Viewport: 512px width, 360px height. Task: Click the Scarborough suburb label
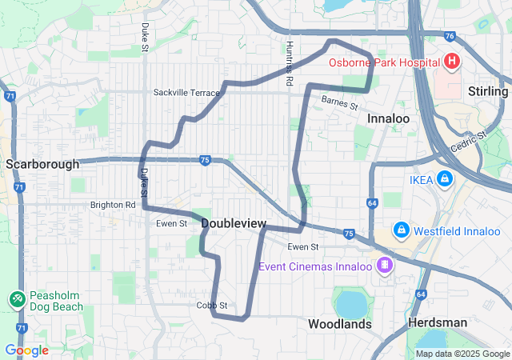coord(42,164)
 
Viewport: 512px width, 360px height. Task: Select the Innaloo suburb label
coord(388,118)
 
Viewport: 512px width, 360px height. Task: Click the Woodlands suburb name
coord(340,324)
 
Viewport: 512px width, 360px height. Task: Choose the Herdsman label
coord(437,322)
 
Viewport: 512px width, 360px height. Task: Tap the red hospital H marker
coord(452,62)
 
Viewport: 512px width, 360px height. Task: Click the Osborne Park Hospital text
coord(383,62)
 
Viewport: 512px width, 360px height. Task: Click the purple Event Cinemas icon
coord(386,265)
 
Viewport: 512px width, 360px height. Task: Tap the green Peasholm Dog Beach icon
coord(16,298)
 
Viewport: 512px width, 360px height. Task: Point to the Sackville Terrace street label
coord(186,93)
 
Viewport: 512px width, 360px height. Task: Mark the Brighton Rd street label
coord(113,205)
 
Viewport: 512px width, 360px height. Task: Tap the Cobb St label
coord(212,306)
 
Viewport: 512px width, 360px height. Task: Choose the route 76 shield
coord(450,36)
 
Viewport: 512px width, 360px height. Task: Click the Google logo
coord(26,350)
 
